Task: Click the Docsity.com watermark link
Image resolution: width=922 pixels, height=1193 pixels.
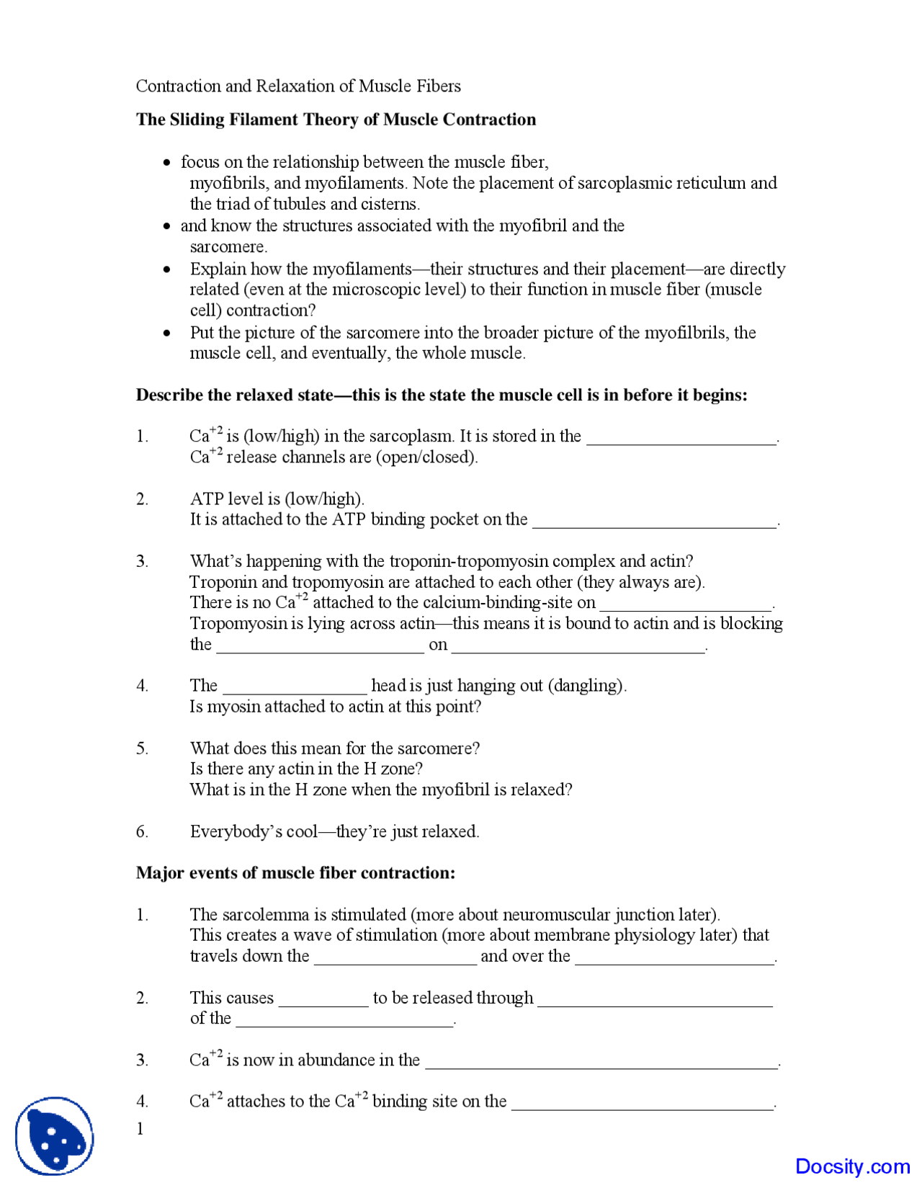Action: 852,1166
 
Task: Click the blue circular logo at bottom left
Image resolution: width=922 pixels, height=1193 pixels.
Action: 55,1136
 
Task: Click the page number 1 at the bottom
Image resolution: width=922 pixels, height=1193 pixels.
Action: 140,1129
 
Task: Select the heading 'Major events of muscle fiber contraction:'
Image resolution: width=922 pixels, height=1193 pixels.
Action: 295,873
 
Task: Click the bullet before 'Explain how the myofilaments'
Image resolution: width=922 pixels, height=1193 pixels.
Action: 168,270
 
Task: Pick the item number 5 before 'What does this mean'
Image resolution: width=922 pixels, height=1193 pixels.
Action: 142,749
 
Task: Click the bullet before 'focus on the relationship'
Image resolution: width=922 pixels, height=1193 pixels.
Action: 168,163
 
